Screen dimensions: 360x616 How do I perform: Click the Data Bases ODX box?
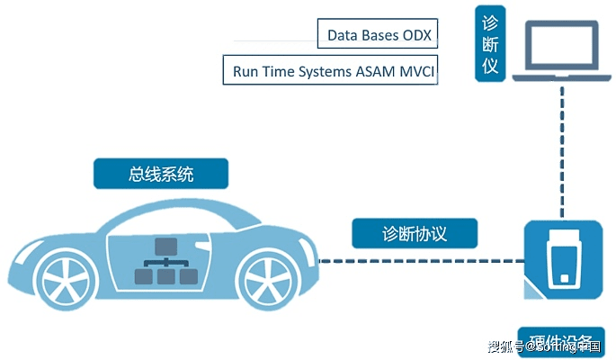pyautogui.click(x=378, y=35)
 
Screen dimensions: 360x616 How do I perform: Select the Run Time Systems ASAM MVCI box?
pyautogui.click(x=330, y=69)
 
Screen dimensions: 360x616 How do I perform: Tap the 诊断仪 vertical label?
pyautogui.click(x=490, y=43)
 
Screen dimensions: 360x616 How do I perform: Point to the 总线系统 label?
pyautogui.click(x=161, y=174)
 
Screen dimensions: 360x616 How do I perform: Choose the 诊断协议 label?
pyautogui.click(x=413, y=234)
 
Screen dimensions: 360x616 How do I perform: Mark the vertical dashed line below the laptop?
pyautogui.click(x=562, y=153)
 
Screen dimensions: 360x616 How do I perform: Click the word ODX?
pyautogui.click(x=417, y=36)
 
